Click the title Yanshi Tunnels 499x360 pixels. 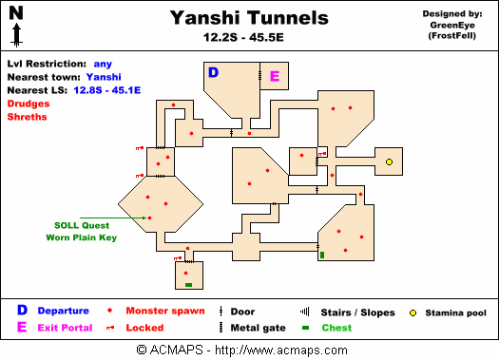tap(249, 18)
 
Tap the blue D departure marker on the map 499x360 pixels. tap(213, 72)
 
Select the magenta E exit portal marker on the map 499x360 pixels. tap(275, 76)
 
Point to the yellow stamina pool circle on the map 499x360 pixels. tap(390, 162)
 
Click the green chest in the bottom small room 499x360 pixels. tap(188, 285)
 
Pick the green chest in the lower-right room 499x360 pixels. tap(322, 255)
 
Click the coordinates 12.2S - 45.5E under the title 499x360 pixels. tap(249, 38)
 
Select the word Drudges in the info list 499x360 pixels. tap(27, 103)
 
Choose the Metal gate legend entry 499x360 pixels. tap(259, 329)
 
